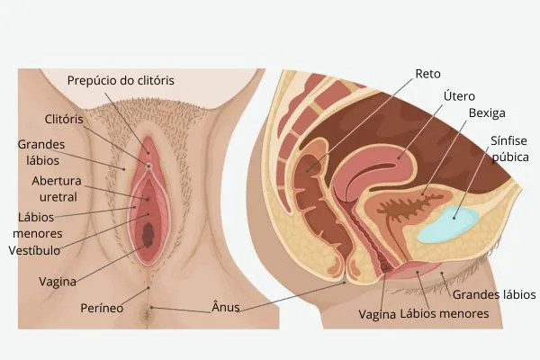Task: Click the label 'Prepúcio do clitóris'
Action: pyautogui.click(x=121, y=81)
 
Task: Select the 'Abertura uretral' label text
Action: pyautogui.click(x=57, y=189)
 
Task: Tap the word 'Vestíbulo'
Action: pyautogui.click(x=34, y=250)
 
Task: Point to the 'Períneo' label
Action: pyautogui.click(x=102, y=308)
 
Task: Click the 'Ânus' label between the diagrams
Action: pyautogui.click(x=226, y=306)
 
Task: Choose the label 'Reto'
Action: pyautogui.click(x=427, y=74)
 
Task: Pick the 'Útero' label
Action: pyautogui.click(x=459, y=95)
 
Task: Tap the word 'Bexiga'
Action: pyautogui.click(x=487, y=113)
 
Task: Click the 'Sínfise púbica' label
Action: pyautogui.click(x=510, y=148)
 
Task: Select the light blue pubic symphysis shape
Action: pyautogui.click(x=447, y=225)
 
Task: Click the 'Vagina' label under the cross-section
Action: pyautogui.click(x=377, y=314)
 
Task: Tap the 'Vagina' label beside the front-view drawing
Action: pyautogui.click(x=58, y=282)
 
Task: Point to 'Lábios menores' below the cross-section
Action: pyautogui.click(x=445, y=313)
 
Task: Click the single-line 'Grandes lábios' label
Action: pyautogui.click(x=494, y=295)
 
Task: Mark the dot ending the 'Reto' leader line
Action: pyautogui.click(x=307, y=170)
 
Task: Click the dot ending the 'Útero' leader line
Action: pyautogui.click(x=399, y=158)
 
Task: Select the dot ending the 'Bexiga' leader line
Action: pyautogui.click(x=423, y=194)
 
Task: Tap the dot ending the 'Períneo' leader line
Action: pyautogui.click(x=148, y=287)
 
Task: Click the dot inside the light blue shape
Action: pyautogui.click(x=454, y=218)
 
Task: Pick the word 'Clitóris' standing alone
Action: pyautogui.click(x=64, y=119)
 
